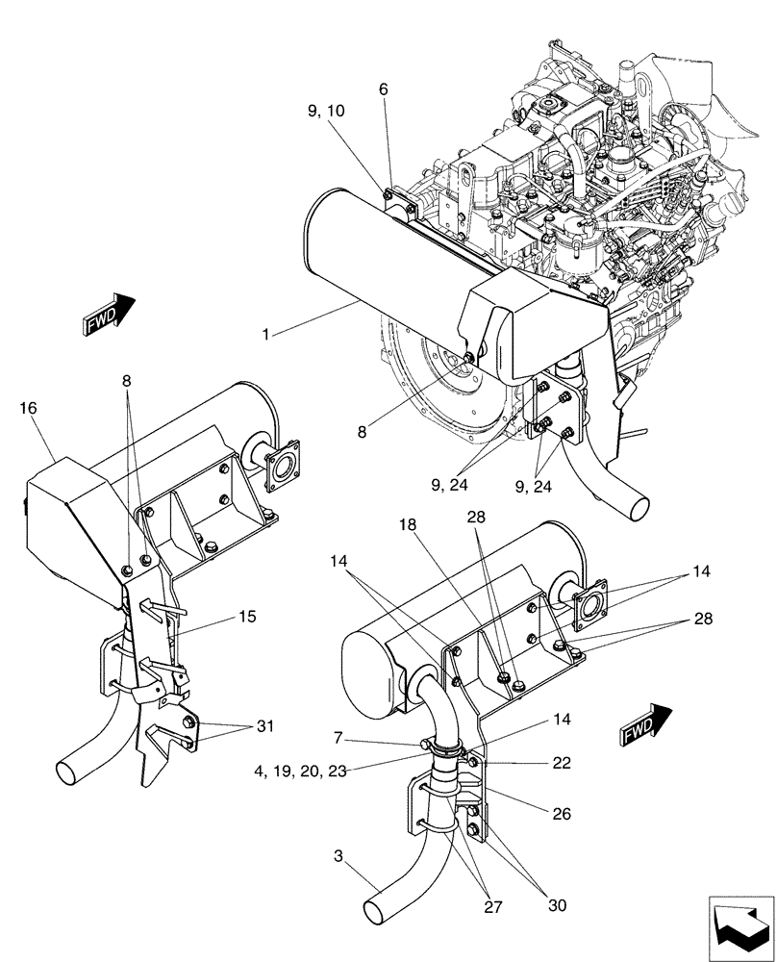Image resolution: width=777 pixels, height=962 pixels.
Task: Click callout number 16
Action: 28,409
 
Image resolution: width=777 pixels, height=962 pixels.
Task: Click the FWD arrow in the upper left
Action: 109,314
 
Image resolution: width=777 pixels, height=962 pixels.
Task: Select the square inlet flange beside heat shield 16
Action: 282,467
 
